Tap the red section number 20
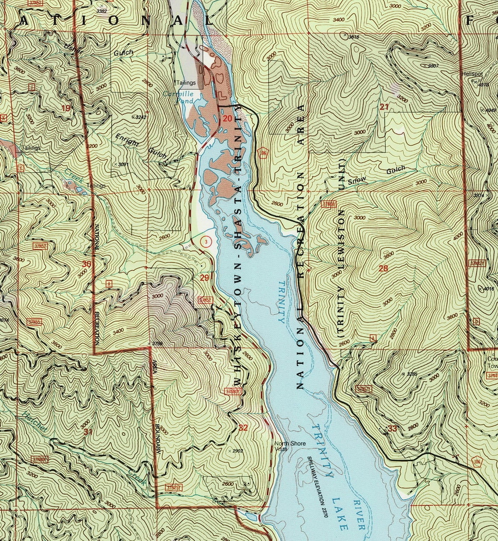point(227,118)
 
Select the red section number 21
point(384,107)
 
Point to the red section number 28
point(383,269)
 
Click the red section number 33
point(392,428)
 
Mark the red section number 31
point(88,431)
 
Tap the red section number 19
point(66,108)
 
